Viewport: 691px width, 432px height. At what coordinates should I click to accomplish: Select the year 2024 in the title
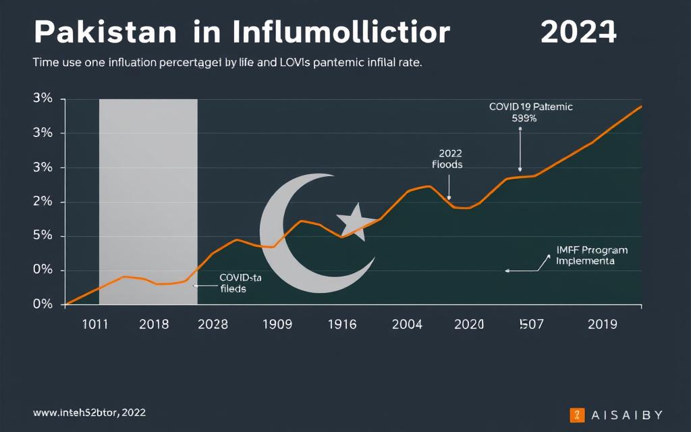point(578,32)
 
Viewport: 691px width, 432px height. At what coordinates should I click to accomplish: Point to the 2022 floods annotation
point(447,159)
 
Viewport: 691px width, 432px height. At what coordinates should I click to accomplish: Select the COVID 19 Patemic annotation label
point(530,112)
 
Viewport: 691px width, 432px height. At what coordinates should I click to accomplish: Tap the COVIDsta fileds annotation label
point(240,283)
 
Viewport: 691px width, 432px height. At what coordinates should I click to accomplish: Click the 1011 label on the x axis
point(95,324)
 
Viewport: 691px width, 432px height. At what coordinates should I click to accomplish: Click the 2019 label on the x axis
point(602,324)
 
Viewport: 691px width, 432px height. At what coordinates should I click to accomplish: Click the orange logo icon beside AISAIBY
point(576,414)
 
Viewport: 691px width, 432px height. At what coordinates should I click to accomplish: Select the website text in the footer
point(88,411)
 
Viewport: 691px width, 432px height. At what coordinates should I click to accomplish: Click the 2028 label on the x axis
point(213,324)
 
